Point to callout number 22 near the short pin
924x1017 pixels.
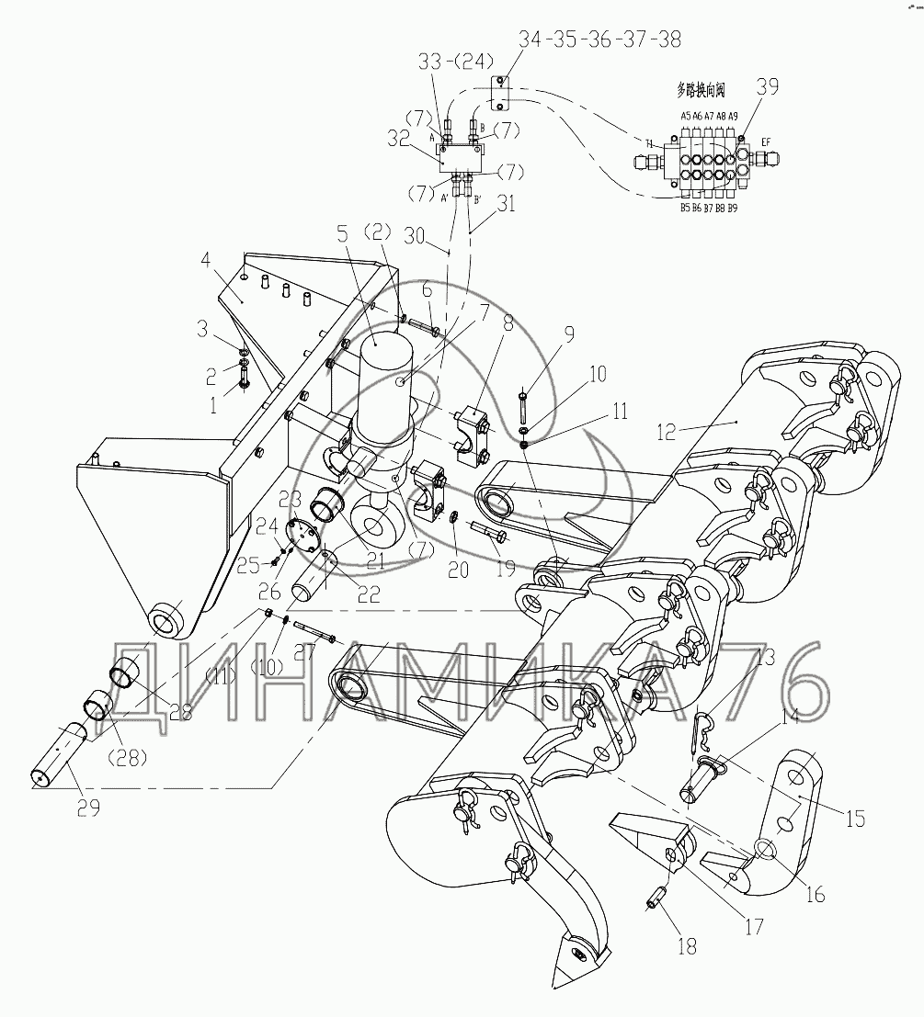point(369,594)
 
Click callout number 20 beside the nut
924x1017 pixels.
point(458,570)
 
